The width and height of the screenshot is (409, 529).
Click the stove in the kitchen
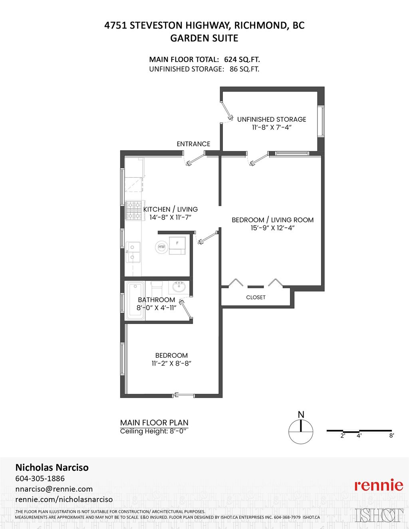pyautogui.click(x=134, y=211)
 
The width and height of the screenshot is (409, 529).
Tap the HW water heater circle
pyautogui.click(x=161, y=247)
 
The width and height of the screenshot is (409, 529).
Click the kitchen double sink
pyautogui.click(x=133, y=252)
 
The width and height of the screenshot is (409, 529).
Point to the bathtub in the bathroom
pyautogui.click(x=135, y=301)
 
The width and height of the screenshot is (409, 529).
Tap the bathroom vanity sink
pyautogui.click(x=179, y=287)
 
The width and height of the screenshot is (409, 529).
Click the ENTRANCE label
pyautogui.click(x=193, y=144)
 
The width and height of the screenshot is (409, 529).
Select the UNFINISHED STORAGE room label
pyautogui.click(x=272, y=119)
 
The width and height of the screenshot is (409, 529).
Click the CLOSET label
pyautogui.click(x=256, y=297)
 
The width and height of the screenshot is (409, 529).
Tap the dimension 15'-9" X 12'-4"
pyautogui.click(x=272, y=228)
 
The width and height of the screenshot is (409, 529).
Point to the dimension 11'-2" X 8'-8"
pyautogui.click(x=171, y=363)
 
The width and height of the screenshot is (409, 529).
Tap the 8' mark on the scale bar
pyautogui.click(x=391, y=436)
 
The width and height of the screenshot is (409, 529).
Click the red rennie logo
pyautogui.click(x=379, y=485)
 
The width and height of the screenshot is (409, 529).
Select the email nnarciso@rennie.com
pyautogui.click(x=54, y=489)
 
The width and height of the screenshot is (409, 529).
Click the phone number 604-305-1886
pyautogui.click(x=40, y=478)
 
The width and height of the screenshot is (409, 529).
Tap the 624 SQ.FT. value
pyautogui.click(x=242, y=59)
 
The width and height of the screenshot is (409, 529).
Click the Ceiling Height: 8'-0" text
pyautogui.click(x=154, y=431)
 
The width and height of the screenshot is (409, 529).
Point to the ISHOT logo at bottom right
pyautogui.click(x=379, y=515)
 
